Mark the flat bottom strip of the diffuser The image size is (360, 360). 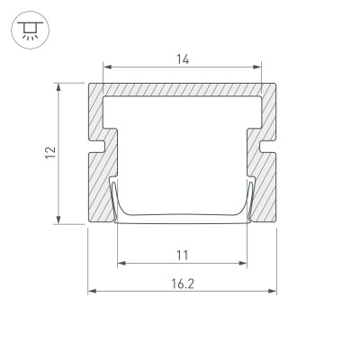[x=183, y=216]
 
